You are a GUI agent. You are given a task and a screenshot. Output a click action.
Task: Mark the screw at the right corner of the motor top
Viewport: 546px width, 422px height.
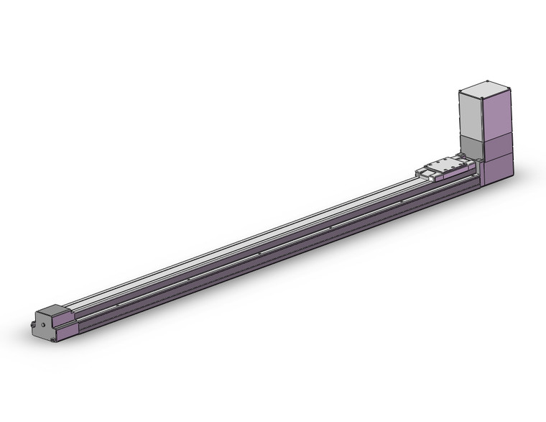509,89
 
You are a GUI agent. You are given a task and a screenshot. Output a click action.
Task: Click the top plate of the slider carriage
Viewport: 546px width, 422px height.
447,167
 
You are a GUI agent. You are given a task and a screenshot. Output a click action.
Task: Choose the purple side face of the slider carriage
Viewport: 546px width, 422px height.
453,176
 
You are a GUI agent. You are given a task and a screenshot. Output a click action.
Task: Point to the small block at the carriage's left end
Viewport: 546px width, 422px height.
421,172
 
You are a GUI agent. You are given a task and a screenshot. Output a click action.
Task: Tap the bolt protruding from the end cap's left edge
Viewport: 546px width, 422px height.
33,324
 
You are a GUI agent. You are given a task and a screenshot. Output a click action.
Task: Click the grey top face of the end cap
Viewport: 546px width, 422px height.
55,310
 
